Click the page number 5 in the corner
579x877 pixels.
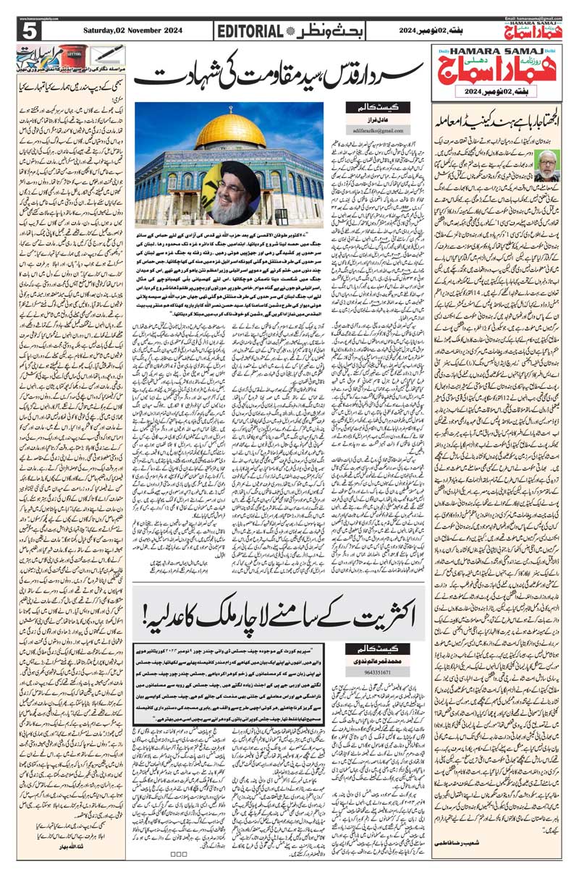30,32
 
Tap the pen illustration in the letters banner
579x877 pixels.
106,55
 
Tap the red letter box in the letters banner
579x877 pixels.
72,54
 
